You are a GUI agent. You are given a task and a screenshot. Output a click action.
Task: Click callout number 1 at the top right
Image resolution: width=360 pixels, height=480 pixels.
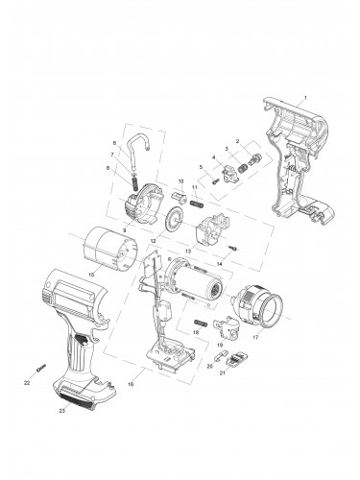(x=304, y=99)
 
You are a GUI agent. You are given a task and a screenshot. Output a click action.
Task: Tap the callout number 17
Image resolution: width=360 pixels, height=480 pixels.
(x=255, y=339)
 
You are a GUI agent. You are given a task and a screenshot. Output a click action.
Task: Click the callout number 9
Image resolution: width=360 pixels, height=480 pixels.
(x=125, y=231)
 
